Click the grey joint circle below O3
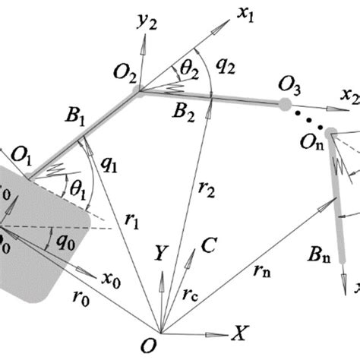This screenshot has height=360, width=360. click(284, 103)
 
